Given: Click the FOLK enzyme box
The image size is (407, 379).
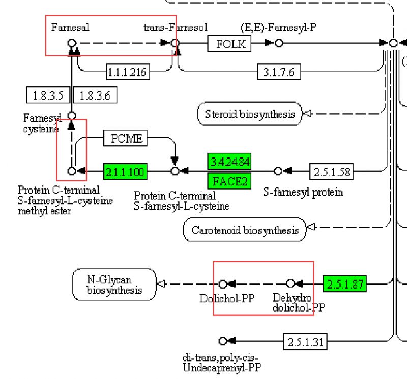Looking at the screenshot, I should click(x=230, y=44).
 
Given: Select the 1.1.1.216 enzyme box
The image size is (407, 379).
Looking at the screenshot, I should click(x=127, y=72).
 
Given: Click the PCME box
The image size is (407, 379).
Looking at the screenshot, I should click(x=126, y=138).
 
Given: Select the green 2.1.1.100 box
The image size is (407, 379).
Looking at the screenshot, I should click(x=125, y=171).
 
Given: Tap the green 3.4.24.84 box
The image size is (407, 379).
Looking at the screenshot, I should click(x=230, y=162).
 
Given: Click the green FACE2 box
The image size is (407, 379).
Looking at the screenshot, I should click(x=230, y=181).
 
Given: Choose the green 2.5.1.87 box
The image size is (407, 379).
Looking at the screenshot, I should click(x=344, y=283).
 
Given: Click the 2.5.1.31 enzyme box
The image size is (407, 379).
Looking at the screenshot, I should click(x=304, y=341).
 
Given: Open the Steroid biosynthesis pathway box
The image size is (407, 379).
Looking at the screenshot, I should click(x=249, y=114).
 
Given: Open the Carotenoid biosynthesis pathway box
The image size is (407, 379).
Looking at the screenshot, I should click(x=245, y=230).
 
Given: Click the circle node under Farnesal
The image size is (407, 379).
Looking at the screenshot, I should click(x=72, y=43).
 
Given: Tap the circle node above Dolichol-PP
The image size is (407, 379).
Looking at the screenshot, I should click(x=222, y=283).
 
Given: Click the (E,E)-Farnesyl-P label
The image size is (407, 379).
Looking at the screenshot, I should click(x=278, y=27).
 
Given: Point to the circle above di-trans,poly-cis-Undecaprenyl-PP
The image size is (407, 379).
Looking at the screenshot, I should click(x=222, y=341).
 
